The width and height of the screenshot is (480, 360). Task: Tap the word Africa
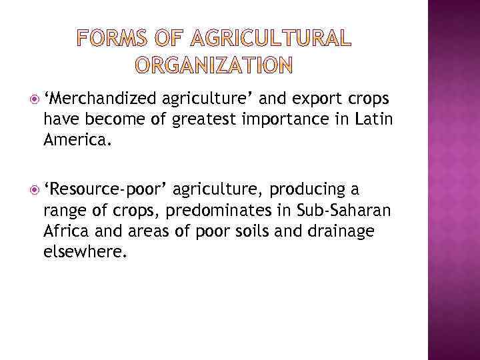click(x=67, y=231)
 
